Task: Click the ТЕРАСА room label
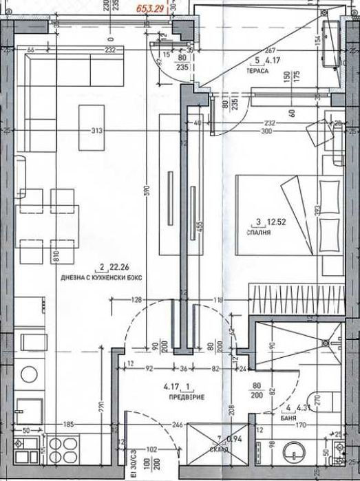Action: (x=257, y=71)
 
